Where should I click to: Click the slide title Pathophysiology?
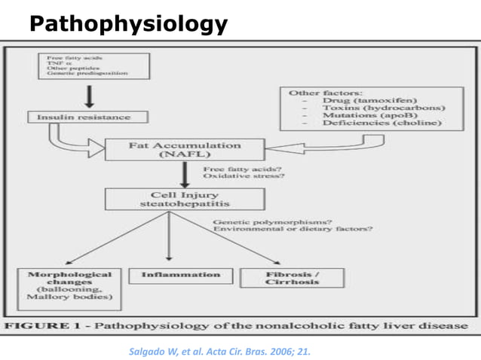pos(128,24)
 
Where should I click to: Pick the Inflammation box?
pos(181,276)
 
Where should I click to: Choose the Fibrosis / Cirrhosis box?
pos(292,277)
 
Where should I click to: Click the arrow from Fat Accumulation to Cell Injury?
pos(184,174)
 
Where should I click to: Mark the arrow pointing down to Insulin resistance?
pos(90,96)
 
